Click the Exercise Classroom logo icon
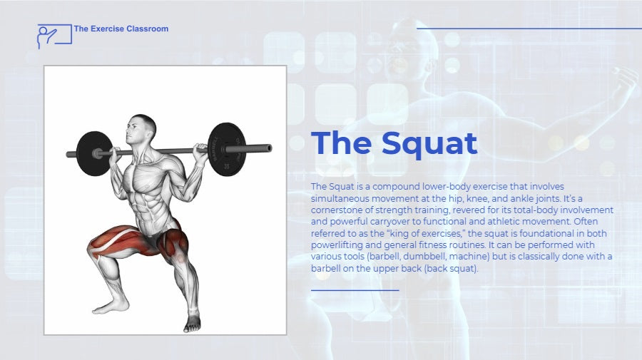pyautogui.click(x=54, y=36)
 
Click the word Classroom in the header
pyautogui.click(x=148, y=29)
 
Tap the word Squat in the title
pyautogui.click(x=429, y=143)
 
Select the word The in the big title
pyautogui.click(x=342, y=143)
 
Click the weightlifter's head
pyautogui.click(x=141, y=129)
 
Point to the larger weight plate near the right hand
pyautogui.click(x=226, y=149)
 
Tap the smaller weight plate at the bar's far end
pyautogui.click(x=94, y=153)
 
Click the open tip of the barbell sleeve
pyautogui.click(x=269, y=148)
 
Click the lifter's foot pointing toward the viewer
pyautogui.click(x=192, y=322)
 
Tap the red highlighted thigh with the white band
pyautogui.click(x=117, y=242)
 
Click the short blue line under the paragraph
pyautogui.click(x=355, y=290)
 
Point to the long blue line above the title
pyautogui.click(x=529, y=29)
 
